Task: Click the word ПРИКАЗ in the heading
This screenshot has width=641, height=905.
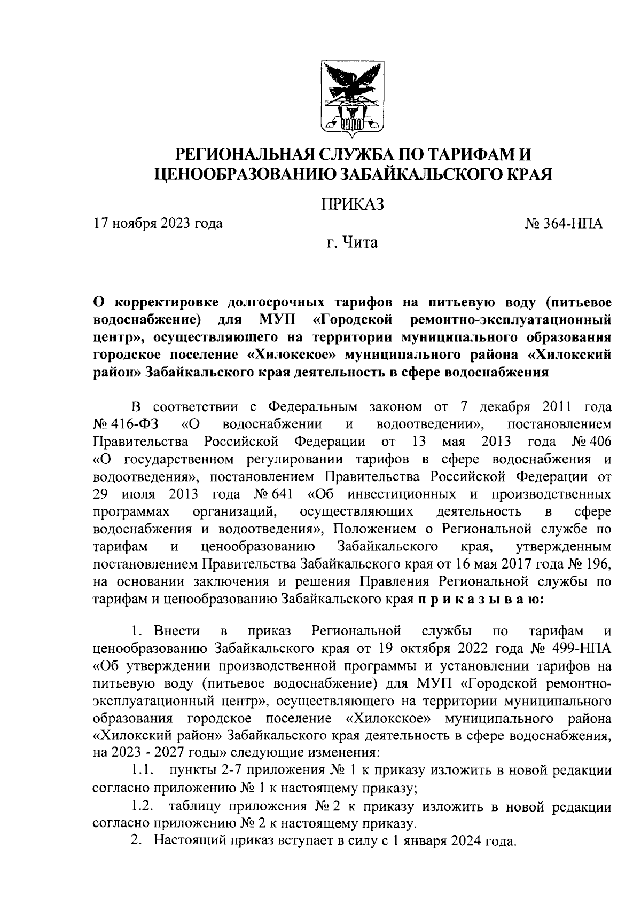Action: click(352, 205)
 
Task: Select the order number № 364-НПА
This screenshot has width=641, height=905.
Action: click(565, 223)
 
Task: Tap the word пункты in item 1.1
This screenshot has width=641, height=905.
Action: click(192, 770)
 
